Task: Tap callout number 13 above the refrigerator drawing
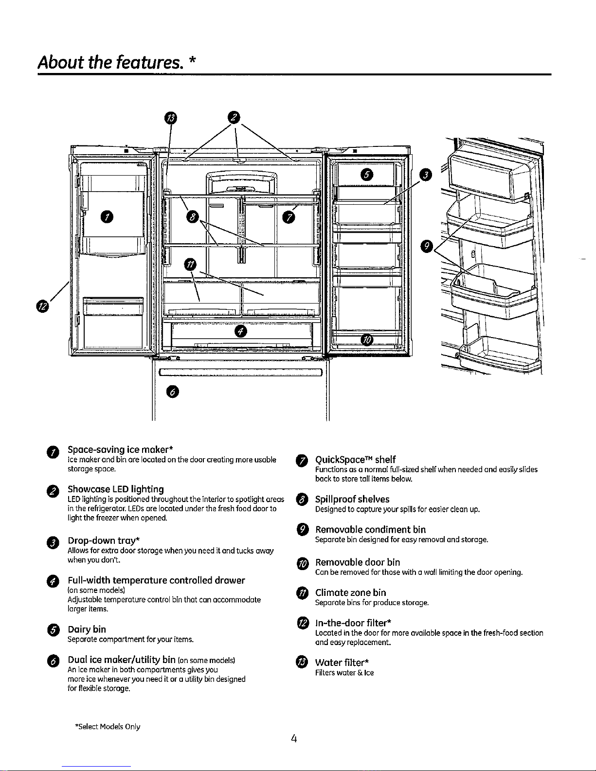click(171, 117)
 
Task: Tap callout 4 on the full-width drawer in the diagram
click(241, 332)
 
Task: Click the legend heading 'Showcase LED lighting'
click(115, 489)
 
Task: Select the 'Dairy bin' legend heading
click(87, 629)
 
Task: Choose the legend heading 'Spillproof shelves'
click(352, 499)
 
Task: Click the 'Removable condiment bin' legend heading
click(370, 529)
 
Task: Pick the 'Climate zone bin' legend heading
click(350, 592)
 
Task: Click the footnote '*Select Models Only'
click(108, 727)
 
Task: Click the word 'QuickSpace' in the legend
click(339, 460)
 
